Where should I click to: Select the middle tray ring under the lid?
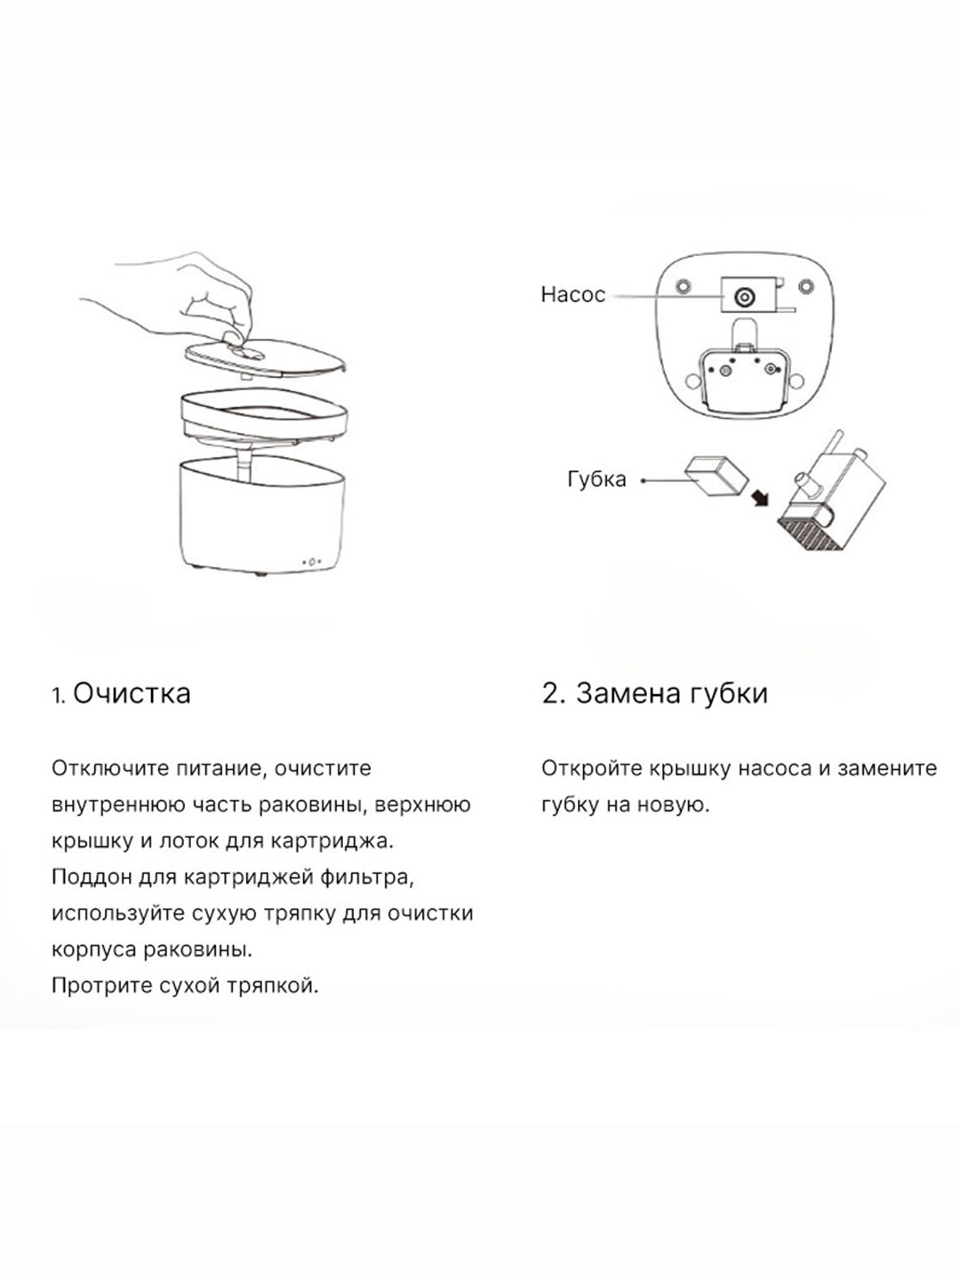pos(262,418)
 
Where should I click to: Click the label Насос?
pos(572,295)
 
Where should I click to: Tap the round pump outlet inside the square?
pos(743,296)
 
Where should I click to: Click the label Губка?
pos(596,479)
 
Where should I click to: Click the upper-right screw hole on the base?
pos(805,287)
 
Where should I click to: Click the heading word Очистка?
pos(132,693)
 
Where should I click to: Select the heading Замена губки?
pos(655,693)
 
